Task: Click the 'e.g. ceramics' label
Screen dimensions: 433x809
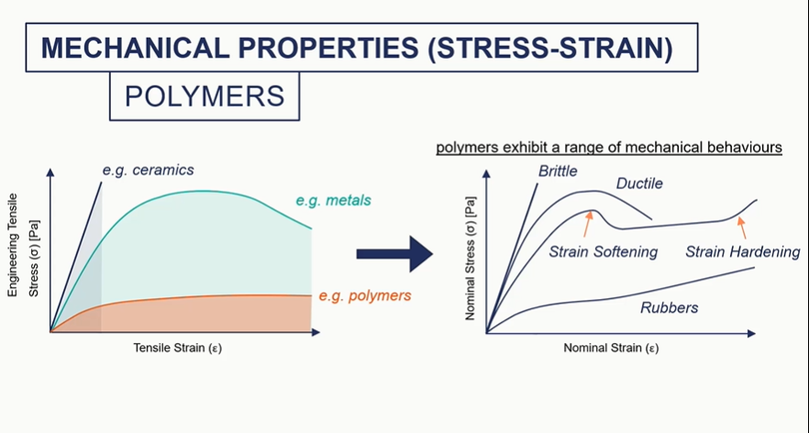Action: click(148, 170)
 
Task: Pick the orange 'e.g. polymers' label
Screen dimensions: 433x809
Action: click(365, 295)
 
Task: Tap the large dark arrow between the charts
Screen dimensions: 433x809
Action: click(393, 254)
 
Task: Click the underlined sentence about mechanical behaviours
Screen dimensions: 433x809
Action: click(608, 147)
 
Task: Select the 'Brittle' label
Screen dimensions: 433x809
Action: click(559, 171)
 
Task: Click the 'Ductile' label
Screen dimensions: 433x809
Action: click(639, 183)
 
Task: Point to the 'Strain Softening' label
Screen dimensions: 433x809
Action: click(604, 251)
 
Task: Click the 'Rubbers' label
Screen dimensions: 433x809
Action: click(669, 307)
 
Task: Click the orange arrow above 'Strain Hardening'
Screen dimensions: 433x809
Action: click(742, 223)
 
